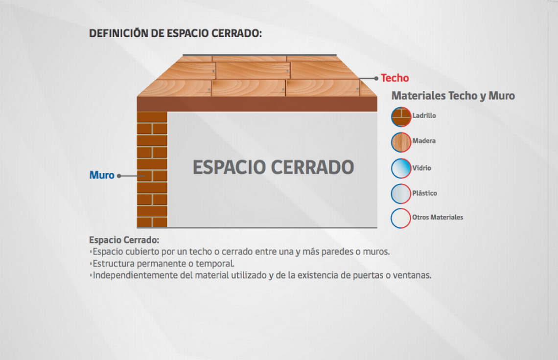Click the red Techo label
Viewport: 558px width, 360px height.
click(x=395, y=78)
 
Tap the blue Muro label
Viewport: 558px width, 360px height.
click(x=102, y=175)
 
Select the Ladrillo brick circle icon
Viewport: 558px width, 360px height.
click(x=401, y=117)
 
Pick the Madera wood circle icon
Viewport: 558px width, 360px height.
click(x=401, y=142)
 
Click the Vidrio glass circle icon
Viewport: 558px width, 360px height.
click(x=401, y=168)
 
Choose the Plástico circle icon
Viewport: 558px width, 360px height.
click(x=401, y=194)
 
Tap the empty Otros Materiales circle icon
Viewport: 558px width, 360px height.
click(x=401, y=218)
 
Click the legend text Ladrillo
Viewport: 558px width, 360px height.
click(x=424, y=115)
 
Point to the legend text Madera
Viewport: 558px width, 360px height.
click(x=424, y=141)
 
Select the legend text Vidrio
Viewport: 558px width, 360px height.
click(x=422, y=168)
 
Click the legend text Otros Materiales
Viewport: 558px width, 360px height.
click(x=438, y=217)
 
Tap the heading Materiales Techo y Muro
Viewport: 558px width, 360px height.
click(x=453, y=96)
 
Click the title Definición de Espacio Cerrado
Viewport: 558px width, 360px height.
click(x=175, y=33)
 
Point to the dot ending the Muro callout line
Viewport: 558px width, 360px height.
click(x=119, y=176)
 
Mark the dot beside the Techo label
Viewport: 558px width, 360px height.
click(x=376, y=78)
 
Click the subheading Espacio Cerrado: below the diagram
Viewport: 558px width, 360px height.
click(x=124, y=240)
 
